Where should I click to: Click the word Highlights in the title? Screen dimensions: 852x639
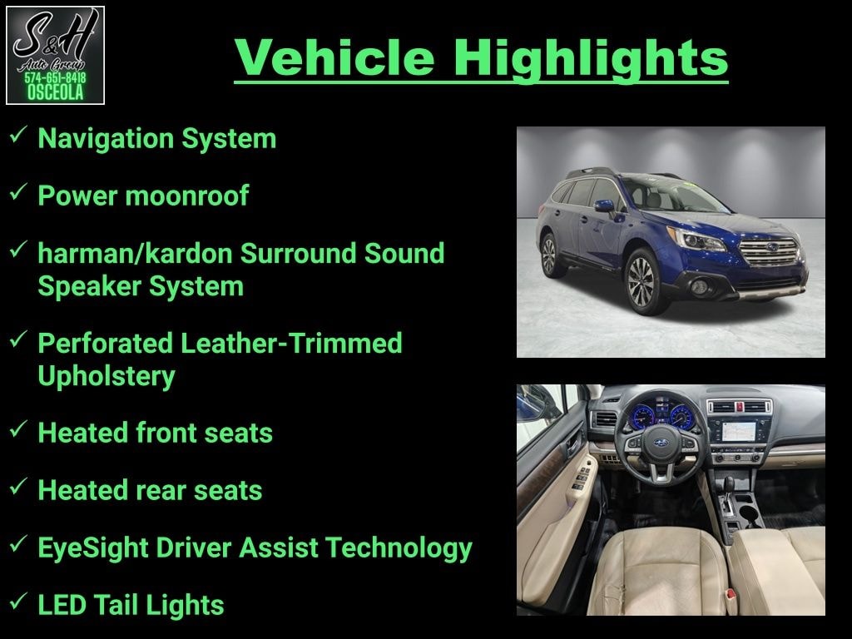591,59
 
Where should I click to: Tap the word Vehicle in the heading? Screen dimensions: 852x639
334,57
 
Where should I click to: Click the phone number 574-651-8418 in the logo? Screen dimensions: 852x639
55,77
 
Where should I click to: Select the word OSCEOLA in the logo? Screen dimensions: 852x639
55,92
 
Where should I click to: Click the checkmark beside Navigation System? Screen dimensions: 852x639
18,134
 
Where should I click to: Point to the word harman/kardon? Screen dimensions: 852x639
135,253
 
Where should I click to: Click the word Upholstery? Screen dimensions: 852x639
106,377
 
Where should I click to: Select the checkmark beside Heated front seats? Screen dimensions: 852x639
18,428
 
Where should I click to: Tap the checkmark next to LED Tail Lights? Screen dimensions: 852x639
18,601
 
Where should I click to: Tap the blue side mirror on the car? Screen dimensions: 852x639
604,206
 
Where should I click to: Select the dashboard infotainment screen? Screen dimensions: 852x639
739,431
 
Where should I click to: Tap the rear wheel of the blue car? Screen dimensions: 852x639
550,255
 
